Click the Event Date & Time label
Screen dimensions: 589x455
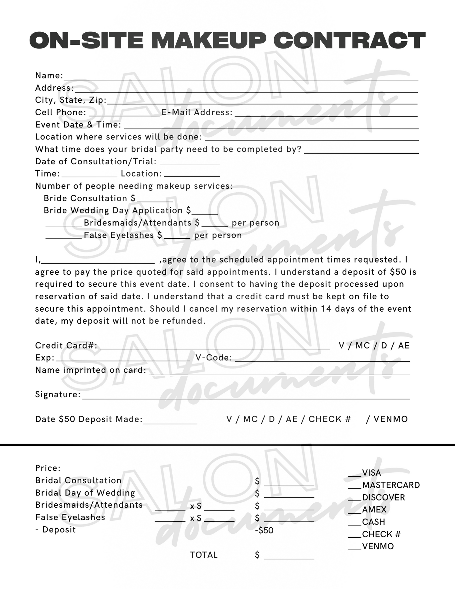[x=78, y=125]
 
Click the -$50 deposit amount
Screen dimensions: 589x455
[x=264, y=530]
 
